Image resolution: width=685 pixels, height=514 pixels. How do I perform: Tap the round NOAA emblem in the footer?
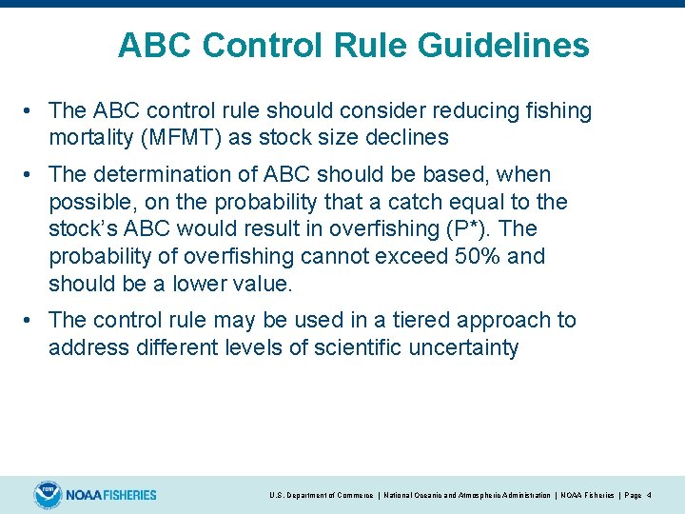(48, 495)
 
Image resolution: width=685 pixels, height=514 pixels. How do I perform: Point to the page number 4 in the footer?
(649, 496)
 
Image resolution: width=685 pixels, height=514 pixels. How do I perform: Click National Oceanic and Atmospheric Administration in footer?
(466, 496)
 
